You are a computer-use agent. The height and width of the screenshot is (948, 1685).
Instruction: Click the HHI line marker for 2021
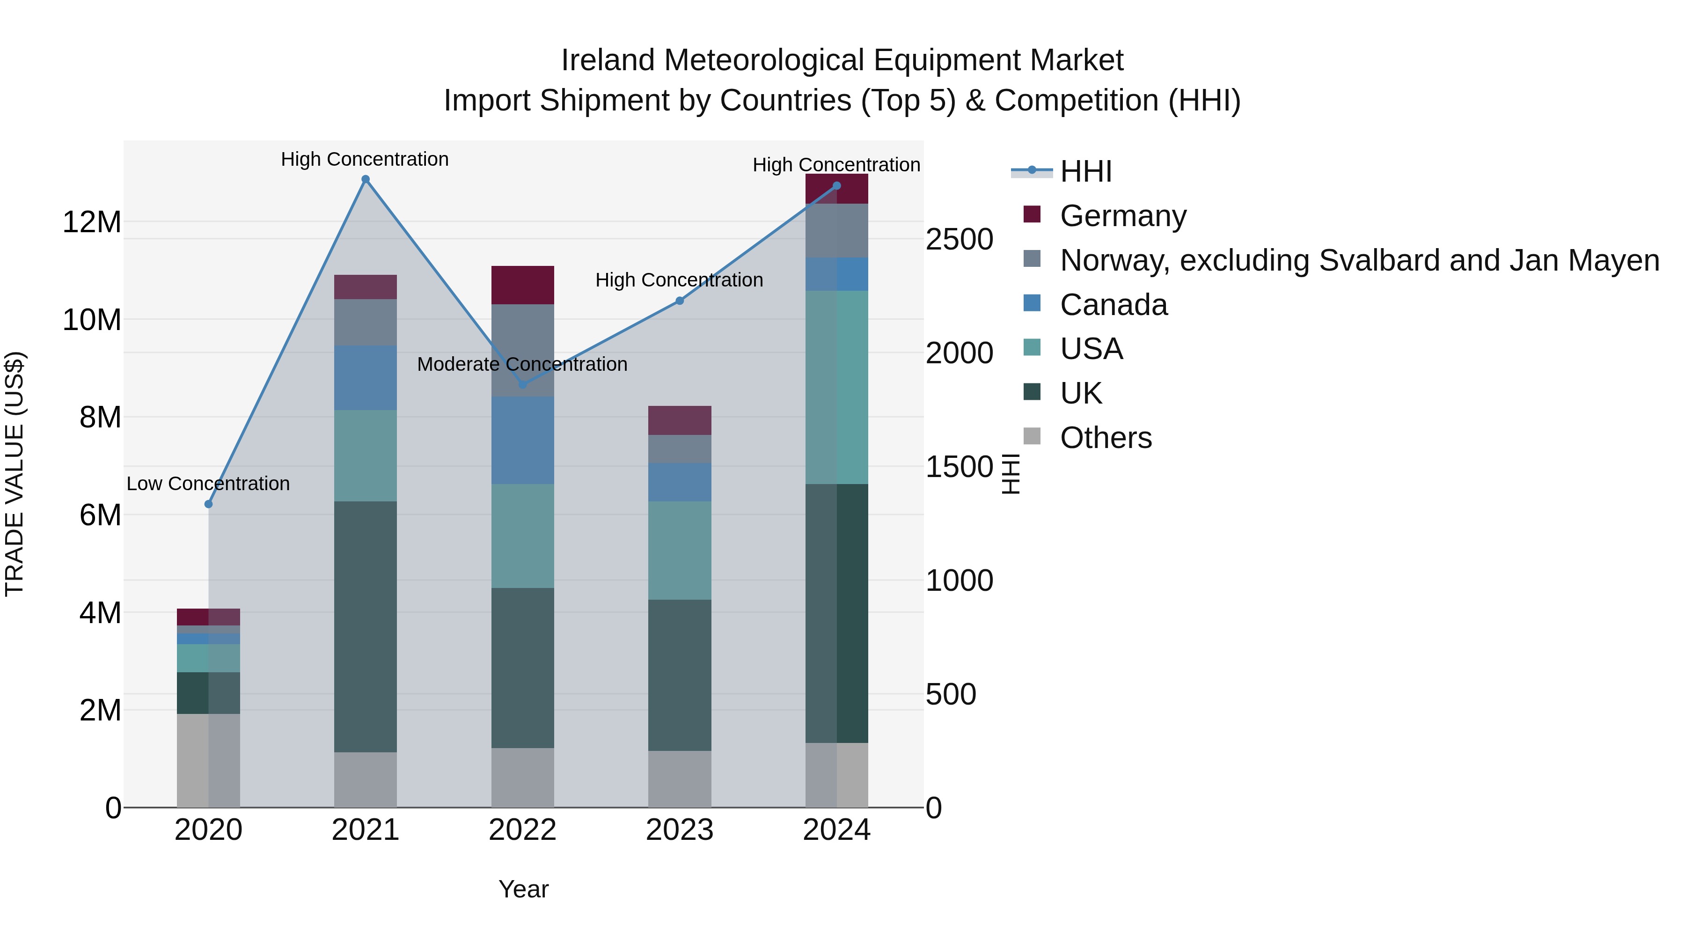point(366,179)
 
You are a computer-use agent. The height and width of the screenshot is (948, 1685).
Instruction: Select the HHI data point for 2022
point(523,385)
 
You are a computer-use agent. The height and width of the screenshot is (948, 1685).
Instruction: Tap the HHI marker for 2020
point(209,504)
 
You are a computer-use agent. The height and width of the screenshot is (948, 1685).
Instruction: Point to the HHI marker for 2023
point(680,301)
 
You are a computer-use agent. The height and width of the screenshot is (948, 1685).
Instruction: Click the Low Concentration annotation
point(208,484)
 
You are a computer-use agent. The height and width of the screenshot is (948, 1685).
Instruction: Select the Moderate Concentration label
point(522,364)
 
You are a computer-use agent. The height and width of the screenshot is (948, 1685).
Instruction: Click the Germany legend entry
point(1122,216)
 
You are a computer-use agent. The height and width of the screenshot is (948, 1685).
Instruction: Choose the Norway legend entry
point(1359,260)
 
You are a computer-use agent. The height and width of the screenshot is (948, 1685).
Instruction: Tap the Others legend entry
point(1106,438)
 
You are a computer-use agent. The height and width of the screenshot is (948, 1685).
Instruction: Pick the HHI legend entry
point(1086,171)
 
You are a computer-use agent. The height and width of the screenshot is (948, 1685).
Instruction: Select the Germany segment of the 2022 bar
point(523,285)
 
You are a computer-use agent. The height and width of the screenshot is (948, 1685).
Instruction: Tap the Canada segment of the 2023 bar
point(680,482)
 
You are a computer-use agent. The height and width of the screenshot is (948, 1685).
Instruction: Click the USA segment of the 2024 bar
point(836,387)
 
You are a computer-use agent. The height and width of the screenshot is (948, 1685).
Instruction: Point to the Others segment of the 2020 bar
point(209,760)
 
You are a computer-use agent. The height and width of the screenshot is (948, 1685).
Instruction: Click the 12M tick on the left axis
point(92,222)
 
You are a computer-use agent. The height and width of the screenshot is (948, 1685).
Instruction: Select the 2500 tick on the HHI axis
point(959,239)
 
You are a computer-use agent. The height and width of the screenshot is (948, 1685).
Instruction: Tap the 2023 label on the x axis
point(680,830)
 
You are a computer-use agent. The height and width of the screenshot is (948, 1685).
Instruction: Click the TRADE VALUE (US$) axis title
point(15,474)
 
